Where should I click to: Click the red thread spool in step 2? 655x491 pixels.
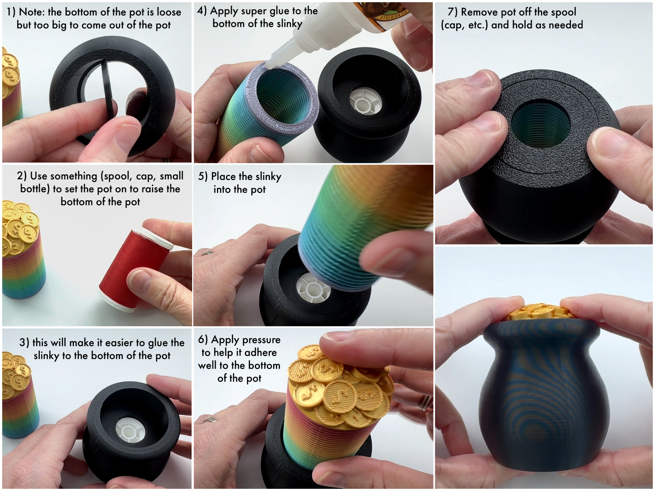(130, 269)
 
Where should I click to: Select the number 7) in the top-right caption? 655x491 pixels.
(452, 12)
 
